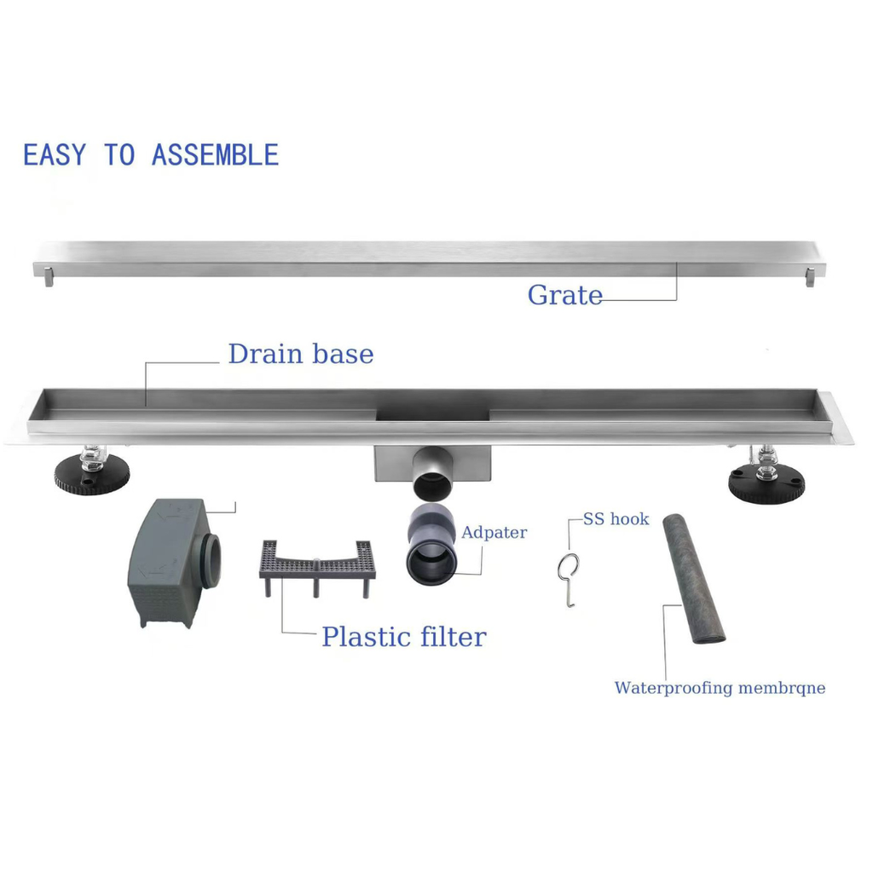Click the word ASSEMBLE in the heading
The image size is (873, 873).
(215, 155)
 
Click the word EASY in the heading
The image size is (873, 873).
(55, 155)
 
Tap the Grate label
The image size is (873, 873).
(564, 295)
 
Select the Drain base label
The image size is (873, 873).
(300, 354)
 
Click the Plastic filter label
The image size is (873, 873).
(403, 636)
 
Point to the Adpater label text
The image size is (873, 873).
(494, 533)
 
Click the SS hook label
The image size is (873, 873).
(616, 519)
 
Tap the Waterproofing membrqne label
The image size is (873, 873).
(720, 688)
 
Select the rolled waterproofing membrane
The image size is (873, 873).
(696, 579)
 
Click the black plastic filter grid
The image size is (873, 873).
(317, 563)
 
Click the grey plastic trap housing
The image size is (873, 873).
(171, 563)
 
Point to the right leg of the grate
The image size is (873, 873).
(808, 277)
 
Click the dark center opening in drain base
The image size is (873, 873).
(434, 410)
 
